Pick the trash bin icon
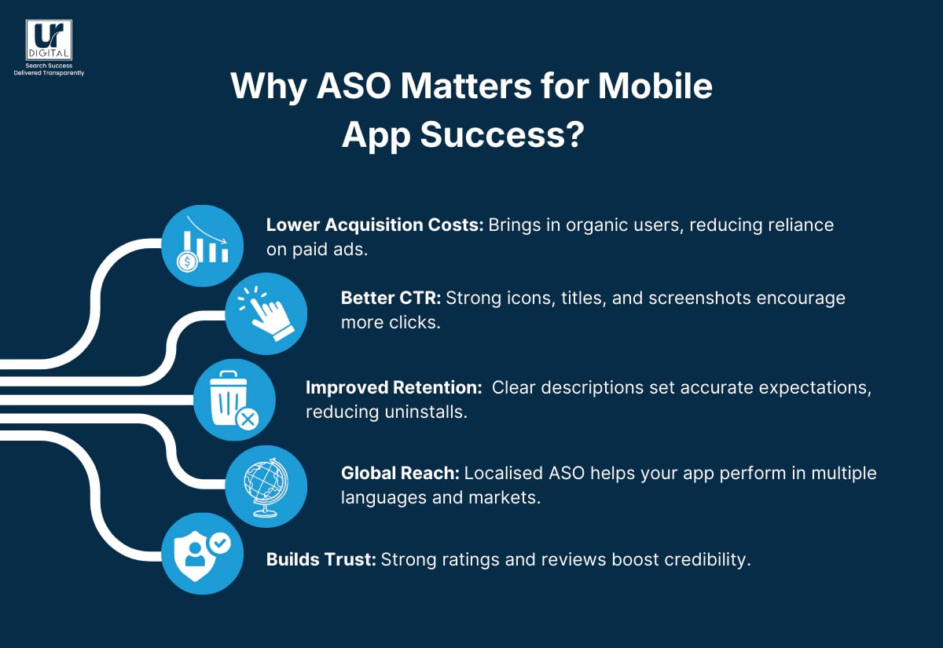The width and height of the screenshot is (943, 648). (x=233, y=400)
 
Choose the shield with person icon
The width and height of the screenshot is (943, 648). (x=202, y=554)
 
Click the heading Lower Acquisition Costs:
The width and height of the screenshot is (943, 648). (x=375, y=225)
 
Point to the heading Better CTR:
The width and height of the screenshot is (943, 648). (x=390, y=298)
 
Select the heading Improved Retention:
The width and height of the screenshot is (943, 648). (x=393, y=387)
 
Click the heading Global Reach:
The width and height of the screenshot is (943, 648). (x=400, y=474)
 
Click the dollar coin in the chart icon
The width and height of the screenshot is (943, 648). (x=187, y=262)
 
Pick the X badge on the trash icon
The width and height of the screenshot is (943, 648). (x=248, y=419)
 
